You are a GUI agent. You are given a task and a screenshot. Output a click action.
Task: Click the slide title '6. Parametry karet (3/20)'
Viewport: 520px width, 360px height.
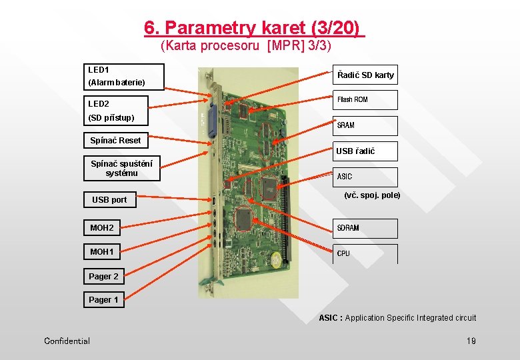tap(254, 28)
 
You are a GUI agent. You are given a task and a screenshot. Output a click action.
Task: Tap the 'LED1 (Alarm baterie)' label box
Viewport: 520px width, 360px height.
tap(124, 76)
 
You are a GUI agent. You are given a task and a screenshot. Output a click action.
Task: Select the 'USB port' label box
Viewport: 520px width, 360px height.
tap(109, 199)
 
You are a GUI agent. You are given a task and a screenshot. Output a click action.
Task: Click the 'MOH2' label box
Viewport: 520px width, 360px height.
tap(102, 228)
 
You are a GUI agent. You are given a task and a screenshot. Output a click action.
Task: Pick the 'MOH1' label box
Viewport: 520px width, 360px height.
tap(102, 252)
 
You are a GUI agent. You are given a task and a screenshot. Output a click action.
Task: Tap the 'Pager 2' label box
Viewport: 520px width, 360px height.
tap(103, 276)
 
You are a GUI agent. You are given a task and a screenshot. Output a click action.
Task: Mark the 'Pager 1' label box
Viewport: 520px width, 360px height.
tap(103, 300)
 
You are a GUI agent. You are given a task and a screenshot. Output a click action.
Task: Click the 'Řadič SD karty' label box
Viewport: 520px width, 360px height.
tap(365, 75)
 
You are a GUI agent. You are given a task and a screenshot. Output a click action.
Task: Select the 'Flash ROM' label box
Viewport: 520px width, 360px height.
tap(365, 100)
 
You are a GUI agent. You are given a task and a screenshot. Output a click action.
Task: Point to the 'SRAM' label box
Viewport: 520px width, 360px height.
tap(365, 125)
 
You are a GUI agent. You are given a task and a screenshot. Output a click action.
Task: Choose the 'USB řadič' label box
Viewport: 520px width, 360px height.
tap(365, 151)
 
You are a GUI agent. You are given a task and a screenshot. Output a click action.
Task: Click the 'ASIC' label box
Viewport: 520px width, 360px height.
tap(365, 177)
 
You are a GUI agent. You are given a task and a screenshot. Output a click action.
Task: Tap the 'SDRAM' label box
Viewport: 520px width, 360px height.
tap(365, 228)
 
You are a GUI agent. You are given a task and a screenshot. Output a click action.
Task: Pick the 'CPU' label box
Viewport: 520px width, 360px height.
tap(365, 253)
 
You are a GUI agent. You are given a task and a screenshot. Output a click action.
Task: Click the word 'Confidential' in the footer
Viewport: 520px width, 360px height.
tap(67, 341)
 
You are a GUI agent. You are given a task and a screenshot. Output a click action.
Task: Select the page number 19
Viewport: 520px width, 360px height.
tap(471, 341)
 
